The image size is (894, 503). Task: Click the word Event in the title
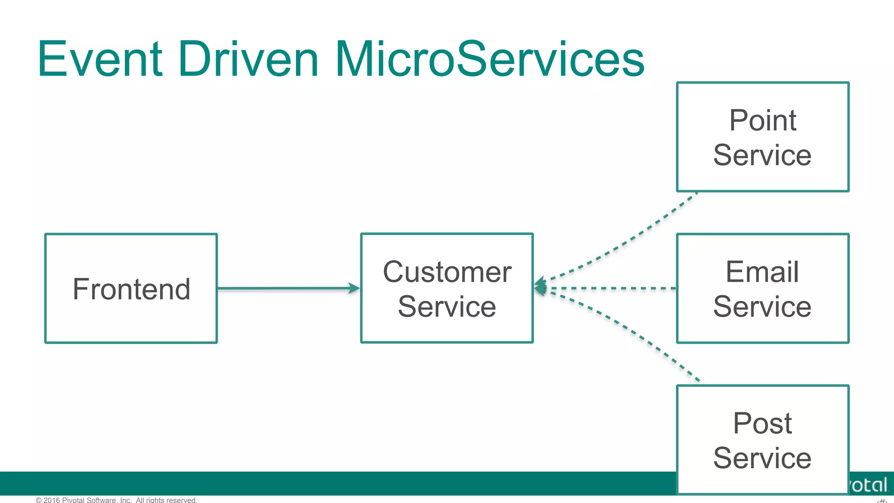(x=100, y=59)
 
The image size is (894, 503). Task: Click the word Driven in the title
(x=248, y=59)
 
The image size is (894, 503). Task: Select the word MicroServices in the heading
(x=489, y=59)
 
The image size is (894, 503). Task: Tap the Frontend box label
(x=131, y=289)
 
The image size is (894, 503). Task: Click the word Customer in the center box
(x=447, y=272)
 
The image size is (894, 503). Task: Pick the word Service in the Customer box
(x=447, y=307)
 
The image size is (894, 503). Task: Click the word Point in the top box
(x=763, y=120)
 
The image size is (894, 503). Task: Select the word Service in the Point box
(x=763, y=155)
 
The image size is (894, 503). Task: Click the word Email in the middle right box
(x=763, y=272)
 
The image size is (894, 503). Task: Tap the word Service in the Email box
(x=763, y=307)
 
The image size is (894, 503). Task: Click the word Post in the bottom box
(x=763, y=423)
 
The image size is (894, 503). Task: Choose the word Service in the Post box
(x=763, y=458)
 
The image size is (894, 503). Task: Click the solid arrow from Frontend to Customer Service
(x=284, y=288)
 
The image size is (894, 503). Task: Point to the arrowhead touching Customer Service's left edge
(x=354, y=288)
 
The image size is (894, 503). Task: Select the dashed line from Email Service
(x=611, y=288)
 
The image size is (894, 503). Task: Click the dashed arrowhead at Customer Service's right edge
(x=540, y=287)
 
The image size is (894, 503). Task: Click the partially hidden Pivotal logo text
(x=869, y=485)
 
